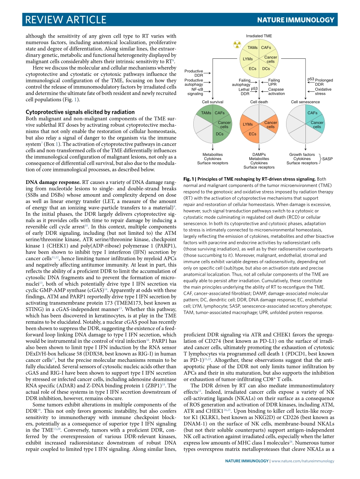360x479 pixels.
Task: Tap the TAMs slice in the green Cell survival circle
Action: coord(206,113)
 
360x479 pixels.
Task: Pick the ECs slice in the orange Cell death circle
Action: coord(252,134)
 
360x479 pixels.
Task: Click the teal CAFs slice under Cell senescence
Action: coord(312,113)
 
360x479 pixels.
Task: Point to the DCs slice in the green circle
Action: coord(219,134)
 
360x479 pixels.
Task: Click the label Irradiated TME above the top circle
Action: coord(259,36)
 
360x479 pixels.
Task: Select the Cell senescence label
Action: coord(305,102)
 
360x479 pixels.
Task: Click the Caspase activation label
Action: coord(276,91)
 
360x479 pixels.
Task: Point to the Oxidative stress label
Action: coord(323,91)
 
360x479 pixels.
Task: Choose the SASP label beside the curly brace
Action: coord(327,159)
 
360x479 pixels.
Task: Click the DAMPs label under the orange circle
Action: coord(259,154)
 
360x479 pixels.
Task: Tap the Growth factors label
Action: coord(302,154)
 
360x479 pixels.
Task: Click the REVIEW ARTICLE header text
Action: coord(65,19)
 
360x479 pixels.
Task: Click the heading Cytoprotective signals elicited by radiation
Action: coord(80,112)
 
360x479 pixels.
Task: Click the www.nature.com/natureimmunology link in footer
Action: coord(303,461)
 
